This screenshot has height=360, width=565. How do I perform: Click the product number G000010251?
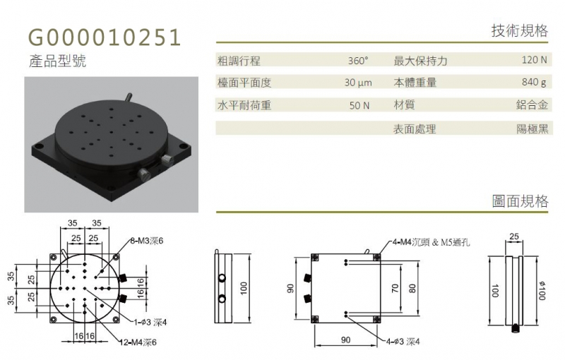click(105, 37)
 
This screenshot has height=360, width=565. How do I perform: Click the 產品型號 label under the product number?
click(58, 61)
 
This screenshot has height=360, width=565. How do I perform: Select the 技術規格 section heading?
click(520, 31)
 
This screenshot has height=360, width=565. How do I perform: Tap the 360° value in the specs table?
click(358, 61)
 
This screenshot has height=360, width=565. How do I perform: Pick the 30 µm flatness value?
click(358, 83)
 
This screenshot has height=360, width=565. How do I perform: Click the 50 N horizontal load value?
click(359, 105)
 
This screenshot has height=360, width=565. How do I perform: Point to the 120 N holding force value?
click(535, 60)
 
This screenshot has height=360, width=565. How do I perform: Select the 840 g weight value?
click(535, 83)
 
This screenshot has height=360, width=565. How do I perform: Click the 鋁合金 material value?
click(532, 104)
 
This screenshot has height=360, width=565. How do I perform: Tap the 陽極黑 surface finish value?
click(533, 128)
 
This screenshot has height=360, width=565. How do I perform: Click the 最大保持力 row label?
click(420, 61)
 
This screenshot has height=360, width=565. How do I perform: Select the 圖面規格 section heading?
click(520, 201)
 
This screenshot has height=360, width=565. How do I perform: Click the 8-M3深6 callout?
click(146, 241)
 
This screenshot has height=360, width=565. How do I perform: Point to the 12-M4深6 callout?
click(138, 342)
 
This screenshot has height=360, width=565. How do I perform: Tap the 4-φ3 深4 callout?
click(403, 341)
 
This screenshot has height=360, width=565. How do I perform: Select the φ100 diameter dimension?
click(542, 291)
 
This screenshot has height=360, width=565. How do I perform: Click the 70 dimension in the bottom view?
click(395, 289)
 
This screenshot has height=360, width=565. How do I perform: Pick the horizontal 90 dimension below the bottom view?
click(345, 340)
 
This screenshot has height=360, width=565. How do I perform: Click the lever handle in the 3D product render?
click(127, 97)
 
